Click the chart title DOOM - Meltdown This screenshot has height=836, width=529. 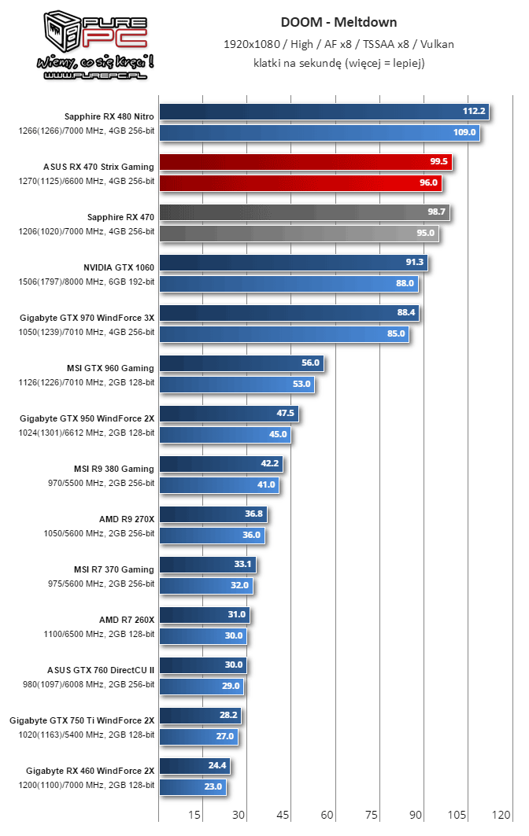click(338, 22)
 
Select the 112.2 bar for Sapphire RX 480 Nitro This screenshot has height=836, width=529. click(324, 112)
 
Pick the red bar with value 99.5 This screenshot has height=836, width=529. click(305, 162)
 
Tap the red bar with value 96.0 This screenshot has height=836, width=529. click(300, 183)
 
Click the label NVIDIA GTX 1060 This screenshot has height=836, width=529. click(119, 267)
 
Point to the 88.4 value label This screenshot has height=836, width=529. click(406, 313)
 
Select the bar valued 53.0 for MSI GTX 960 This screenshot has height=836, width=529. click(237, 385)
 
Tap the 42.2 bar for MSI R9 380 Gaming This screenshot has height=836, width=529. click(220, 464)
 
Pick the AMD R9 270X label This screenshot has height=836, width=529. click(126, 518)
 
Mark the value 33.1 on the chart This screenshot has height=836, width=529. click(243, 564)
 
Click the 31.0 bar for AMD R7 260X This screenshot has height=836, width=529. click(204, 615)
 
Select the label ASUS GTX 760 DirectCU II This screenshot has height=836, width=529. click(101, 669)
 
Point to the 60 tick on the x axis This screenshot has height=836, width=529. click(327, 815)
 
